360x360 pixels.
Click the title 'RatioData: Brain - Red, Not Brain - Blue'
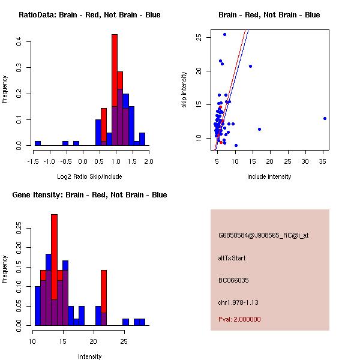tap(89, 15)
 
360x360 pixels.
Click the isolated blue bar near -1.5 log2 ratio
tap(38, 143)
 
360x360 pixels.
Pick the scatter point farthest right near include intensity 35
tap(325, 118)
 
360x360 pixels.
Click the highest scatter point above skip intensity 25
tap(224, 34)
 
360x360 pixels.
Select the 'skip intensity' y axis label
tap(184, 90)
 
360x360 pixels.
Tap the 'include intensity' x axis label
tap(269, 176)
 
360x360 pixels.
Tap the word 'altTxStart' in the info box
tap(232, 258)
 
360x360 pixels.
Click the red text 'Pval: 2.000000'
tap(239, 319)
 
